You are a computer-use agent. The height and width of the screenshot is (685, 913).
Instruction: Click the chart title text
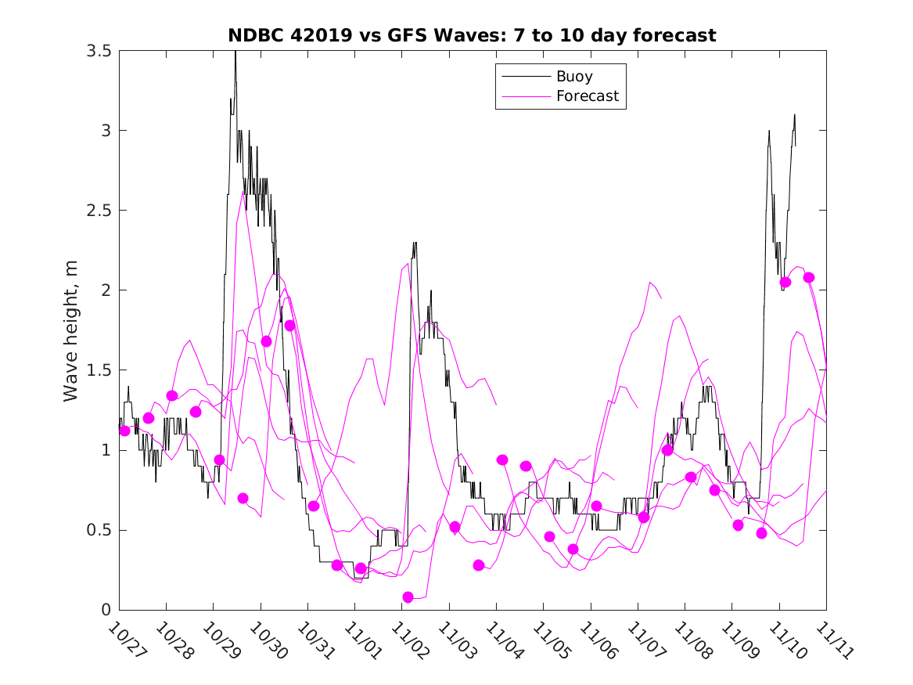[x=472, y=35]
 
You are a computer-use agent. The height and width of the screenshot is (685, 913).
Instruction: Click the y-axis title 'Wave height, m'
[x=71, y=330]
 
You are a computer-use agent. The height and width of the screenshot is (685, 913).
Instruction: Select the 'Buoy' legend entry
[x=574, y=77]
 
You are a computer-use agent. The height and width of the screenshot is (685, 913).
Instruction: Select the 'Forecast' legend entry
[x=587, y=96]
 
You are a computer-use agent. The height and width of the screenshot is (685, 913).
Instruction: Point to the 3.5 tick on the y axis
[x=99, y=51]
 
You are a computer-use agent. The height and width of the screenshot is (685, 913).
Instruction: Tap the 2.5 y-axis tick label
[x=99, y=211]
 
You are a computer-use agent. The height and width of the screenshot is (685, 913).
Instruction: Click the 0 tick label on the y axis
[x=106, y=610]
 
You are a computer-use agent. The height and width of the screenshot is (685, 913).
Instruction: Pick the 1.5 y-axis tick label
[x=99, y=370]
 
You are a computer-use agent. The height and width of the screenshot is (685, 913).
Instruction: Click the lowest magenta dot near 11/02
[x=408, y=597]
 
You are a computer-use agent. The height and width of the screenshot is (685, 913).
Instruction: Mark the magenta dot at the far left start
[x=124, y=431]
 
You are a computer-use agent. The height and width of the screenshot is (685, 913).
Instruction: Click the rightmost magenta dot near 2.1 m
[x=809, y=278]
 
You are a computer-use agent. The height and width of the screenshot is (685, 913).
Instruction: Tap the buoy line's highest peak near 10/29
[x=235, y=53]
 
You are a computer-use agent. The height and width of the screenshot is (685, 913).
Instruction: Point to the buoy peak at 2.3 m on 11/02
[x=415, y=243]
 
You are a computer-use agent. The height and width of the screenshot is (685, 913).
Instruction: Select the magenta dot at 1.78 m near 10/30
[x=289, y=326]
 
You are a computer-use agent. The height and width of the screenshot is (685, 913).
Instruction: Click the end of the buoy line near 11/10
[x=795, y=145]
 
